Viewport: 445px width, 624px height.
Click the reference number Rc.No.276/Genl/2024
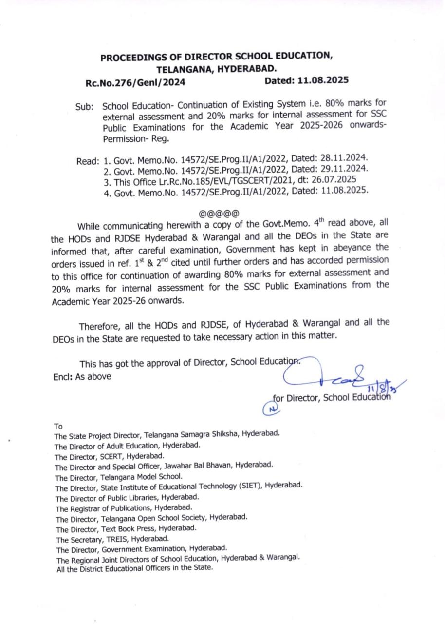click(x=135, y=82)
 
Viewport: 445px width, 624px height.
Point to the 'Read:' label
click(x=88, y=161)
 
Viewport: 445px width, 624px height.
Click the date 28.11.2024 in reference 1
click(x=344, y=158)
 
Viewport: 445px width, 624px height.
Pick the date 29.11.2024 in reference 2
click(x=344, y=169)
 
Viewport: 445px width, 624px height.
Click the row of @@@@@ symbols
click(x=219, y=214)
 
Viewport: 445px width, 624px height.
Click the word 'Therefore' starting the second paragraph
click(x=98, y=325)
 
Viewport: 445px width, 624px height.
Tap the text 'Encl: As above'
click(x=82, y=376)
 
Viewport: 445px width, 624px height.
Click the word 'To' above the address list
click(x=58, y=426)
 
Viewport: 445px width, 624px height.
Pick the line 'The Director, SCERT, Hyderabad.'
click(x=110, y=456)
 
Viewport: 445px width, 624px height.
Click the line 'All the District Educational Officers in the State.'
click(x=134, y=568)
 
